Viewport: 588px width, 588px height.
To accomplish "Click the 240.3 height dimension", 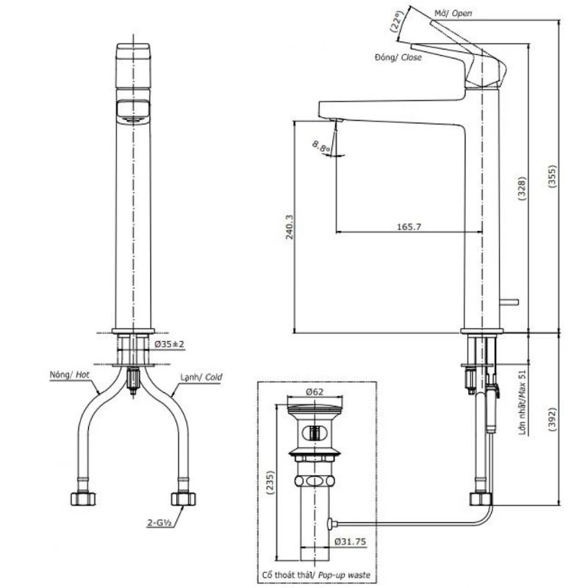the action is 289,227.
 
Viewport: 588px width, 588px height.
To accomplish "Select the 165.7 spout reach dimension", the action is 409,227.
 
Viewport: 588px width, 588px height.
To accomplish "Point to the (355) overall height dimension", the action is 553,176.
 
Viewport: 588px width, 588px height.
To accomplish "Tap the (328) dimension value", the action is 523,188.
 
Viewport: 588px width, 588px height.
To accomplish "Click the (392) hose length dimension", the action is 553,419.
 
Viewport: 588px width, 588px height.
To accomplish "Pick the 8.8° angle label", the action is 321,147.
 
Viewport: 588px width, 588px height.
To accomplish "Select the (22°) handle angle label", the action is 396,21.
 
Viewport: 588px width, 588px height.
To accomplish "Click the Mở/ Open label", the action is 453,13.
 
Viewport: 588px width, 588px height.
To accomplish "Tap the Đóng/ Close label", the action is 398,57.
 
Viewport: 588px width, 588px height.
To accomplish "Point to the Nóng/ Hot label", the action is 69,375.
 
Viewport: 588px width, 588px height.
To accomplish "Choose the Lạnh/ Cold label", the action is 201,377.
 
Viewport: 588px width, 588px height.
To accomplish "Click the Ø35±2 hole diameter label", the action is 170,344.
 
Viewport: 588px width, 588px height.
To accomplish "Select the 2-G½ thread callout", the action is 159,523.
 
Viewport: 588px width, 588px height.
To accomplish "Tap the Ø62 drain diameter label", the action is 315,392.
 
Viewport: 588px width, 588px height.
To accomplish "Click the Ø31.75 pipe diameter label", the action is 350,542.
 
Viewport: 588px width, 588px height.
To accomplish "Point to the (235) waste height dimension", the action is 270,484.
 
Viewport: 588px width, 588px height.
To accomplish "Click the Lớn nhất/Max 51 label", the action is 523,402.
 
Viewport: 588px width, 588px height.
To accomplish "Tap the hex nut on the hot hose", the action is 83,499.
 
